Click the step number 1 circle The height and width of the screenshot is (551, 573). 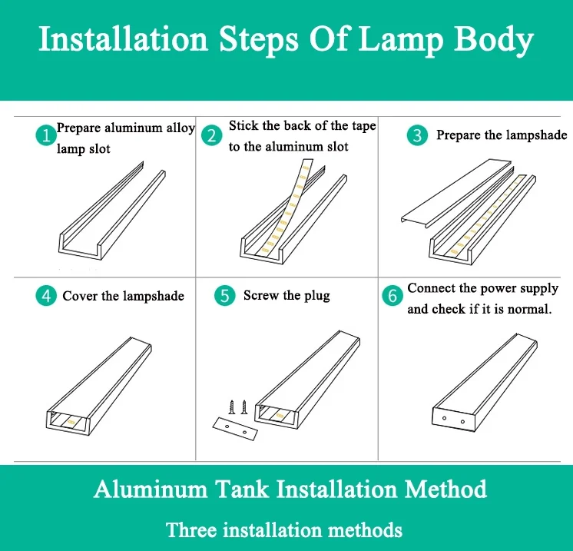pos(46,135)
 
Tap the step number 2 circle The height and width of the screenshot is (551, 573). pos(211,135)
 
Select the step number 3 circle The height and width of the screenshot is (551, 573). pos(417,135)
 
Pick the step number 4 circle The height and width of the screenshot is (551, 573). pos(46,295)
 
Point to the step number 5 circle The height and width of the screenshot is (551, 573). pos(225,295)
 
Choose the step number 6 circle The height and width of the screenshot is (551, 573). pos(392,295)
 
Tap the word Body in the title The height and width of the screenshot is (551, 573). pos(494,39)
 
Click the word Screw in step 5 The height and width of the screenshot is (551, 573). pos(261,295)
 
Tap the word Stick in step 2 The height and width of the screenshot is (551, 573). pos(243,125)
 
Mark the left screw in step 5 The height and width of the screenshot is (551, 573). pos(232,407)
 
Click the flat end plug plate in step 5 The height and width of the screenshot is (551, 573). pos(235,429)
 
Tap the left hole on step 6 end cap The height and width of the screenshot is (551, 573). pos(445,418)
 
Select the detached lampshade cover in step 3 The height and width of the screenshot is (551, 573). pos(457,193)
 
